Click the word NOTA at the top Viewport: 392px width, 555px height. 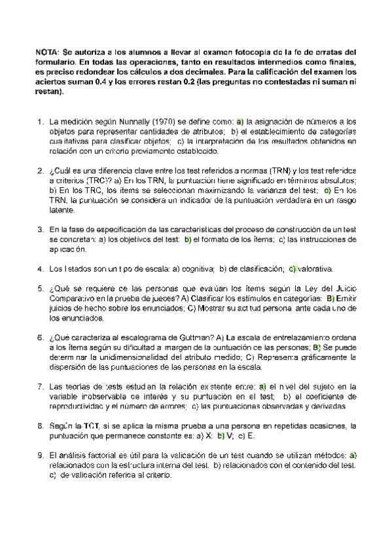tap(48, 52)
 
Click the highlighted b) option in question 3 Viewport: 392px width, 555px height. tap(187, 240)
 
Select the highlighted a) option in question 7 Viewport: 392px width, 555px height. tap(262, 387)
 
